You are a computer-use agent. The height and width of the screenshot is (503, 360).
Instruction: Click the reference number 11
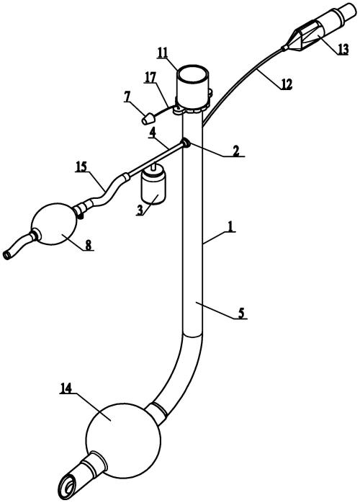(x=163, y=53)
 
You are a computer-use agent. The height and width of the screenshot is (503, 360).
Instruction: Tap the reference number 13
(x=342, y=50)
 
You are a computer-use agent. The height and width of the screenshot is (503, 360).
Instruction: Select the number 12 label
(x=287, y=84)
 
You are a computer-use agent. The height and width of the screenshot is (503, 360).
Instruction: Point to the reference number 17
(x=150, y=77)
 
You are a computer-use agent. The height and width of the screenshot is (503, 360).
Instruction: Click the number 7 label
(x=128, y=97)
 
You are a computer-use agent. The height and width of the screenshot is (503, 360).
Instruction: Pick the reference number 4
(x=153, y=133)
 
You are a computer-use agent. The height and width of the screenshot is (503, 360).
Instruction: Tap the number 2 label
(x=235, y=151)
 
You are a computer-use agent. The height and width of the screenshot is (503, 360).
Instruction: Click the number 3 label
(x=140, y=210)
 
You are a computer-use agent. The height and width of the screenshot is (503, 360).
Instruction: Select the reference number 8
(x=88, y=245)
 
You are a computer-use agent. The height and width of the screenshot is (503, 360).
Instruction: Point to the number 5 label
(x=241, y=313)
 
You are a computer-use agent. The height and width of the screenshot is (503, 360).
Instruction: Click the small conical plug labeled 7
(x=148, y=119)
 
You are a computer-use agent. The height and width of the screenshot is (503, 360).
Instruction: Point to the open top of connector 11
(x=193, y=76)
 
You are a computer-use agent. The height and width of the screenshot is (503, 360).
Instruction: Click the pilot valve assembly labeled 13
(x=316, y=33)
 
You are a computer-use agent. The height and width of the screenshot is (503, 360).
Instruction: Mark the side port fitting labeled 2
(x=186, y=143)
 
